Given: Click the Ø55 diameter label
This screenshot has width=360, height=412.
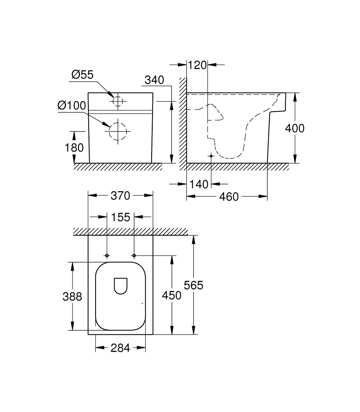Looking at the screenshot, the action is coord(82,75).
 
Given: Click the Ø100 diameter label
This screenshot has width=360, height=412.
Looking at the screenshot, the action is coord(72,105).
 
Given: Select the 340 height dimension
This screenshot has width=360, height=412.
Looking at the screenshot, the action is coord(154,80).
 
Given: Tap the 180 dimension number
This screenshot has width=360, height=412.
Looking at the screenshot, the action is coord(74,148).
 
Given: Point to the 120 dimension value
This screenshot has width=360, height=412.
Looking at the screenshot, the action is coord(197,65).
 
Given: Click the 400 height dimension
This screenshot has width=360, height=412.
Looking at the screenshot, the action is coord(295,128).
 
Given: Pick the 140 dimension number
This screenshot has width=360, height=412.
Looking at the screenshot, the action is coord(199,184).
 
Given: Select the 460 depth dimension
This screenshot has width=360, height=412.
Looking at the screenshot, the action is coord(229,197).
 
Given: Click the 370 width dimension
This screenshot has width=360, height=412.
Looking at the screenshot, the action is coord(121,196).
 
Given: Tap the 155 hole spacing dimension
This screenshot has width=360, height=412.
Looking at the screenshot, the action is coord(121,217).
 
